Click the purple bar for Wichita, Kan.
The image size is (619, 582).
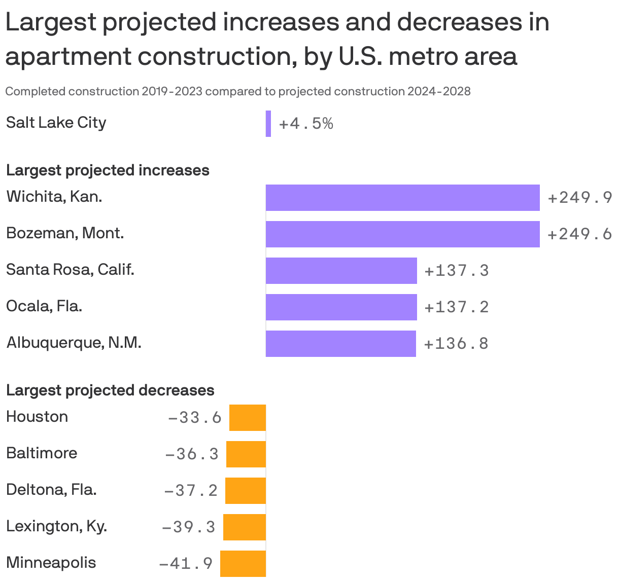click(x=402, y=198)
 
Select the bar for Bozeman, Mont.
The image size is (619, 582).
click(x=402, y=234)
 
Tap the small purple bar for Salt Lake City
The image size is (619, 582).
click(x=268, y=124)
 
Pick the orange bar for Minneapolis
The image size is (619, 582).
click(x=243, y=564)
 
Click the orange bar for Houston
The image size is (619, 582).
click(x=248, y=418)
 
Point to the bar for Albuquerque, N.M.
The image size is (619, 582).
click(x=341, y=344)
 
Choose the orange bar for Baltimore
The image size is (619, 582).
click(x=246, y=454)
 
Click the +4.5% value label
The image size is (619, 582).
click(x=306, y=124)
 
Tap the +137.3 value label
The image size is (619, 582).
click(x=457, y=271)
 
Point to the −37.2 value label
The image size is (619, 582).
click(x=191, y=491)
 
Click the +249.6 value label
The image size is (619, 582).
click(x=580, y=234)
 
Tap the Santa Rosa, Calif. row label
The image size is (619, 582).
click(x=70, y=270)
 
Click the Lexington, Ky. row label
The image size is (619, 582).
click(x=56, y=526)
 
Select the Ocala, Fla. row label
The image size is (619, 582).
click(x=44, y=306)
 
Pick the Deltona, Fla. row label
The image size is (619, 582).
click(x=51, y=490)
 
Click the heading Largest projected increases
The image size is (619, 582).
click(x=108, y=170)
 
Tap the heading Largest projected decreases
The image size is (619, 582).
click(x=110, y=390)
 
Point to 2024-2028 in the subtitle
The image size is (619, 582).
click(x=439, y=91)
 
